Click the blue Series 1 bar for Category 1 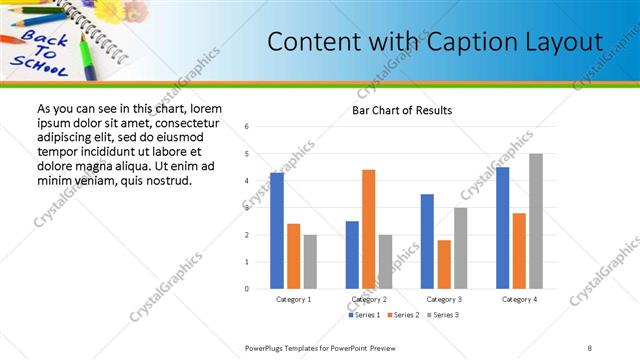tap(277, 231)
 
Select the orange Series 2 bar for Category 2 tap(368, 229)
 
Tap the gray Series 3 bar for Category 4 tap(536, 221)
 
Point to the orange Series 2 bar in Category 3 tap(444, 264)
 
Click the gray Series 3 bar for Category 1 tap(310, 262)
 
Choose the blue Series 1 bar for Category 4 tap(502, 228)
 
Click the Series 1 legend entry tap(364, 315)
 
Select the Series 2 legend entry tap(402, 315)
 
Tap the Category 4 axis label tap(519, 299)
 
